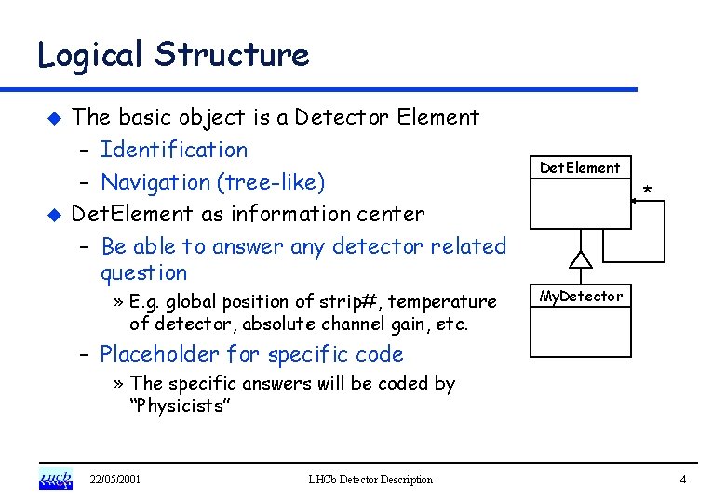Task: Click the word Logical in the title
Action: pos(90,54)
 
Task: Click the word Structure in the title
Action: pos(232,54)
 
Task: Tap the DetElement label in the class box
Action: pos(580,168)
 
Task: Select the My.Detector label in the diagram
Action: pos(581,297)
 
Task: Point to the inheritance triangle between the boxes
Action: pos(581,259)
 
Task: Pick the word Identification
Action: pos(174,150)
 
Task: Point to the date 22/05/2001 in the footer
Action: pos(115,480)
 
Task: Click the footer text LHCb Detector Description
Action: pos(370,480)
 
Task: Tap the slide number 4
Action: pos(682,480)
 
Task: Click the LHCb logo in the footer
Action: pos(55,479)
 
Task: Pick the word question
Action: pos(143,273)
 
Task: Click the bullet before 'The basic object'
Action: pos(54,118)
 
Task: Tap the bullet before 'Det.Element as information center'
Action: pos(54,214)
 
